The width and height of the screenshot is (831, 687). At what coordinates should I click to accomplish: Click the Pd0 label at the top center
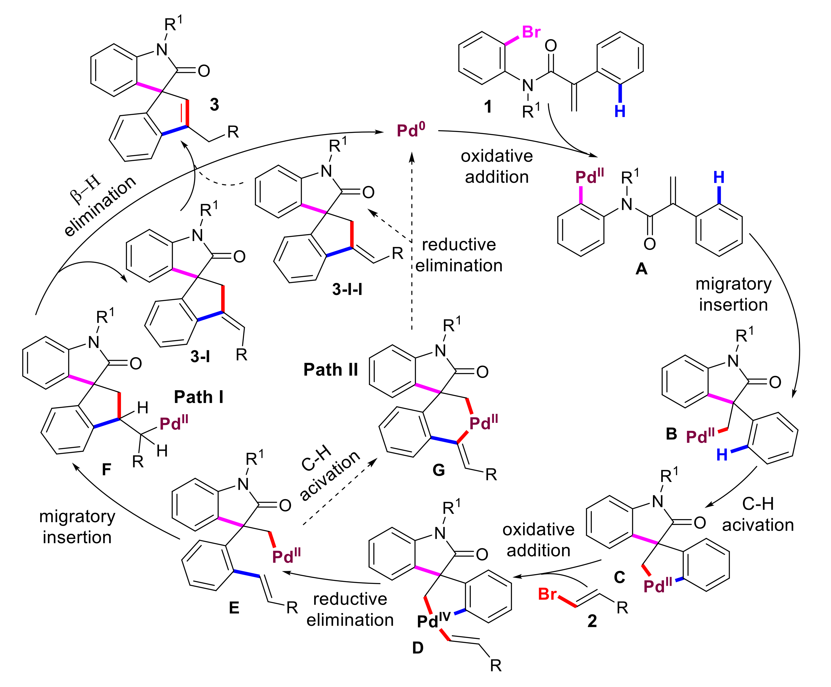[411, 130]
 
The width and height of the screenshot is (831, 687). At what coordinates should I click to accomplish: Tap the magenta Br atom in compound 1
[531, 32]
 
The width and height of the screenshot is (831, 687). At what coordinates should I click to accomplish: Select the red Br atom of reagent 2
[547, 594]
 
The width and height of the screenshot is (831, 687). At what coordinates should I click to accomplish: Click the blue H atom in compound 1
[620, 112]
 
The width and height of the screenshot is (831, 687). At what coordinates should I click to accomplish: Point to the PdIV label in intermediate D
[434, 620]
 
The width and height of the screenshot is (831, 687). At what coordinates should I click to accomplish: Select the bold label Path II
[330, 370]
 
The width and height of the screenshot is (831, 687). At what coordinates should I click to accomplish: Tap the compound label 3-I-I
[347, 289]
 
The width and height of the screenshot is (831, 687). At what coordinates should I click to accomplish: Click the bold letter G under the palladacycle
[438, 470]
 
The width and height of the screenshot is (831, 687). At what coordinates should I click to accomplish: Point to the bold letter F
[106, 470]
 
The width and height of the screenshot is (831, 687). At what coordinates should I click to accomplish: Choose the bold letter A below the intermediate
[641, 270]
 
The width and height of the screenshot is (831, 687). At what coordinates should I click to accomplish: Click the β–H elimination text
[99, 206]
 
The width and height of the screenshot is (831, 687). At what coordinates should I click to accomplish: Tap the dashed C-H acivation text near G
[328, 473]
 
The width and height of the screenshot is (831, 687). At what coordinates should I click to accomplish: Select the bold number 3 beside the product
[214, 105]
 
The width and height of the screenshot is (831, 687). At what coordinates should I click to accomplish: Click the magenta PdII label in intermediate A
[589, 177]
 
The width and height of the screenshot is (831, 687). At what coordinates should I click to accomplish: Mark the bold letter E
[234, 607]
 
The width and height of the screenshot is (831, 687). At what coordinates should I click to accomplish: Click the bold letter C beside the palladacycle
[619, 577]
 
